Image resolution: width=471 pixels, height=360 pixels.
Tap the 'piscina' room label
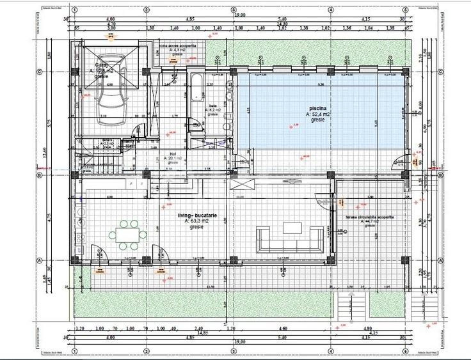pyautogui.click(x=317, y=108)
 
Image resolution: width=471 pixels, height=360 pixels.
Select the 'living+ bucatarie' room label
pyautogui.click(x=197, y=217)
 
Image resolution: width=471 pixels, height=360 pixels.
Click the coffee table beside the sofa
pyautogui.click(x=292, y=227)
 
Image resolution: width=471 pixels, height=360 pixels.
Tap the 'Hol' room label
pyautogui.click(x=173, y=152)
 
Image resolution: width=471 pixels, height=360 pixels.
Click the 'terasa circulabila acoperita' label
pyautogui.click(x=370, y=217)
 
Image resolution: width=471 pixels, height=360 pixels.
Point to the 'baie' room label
pyautogui.click(x=213, y=106)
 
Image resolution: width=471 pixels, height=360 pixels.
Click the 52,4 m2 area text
pyautogui.click(x=318, y=114)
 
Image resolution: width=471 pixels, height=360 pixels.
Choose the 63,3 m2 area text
pyautogui.click(x=197, y=223)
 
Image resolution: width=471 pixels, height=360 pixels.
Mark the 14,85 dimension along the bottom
pyautogui.click(x=203, y=333)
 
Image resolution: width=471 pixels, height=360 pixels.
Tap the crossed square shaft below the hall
pyautogui.click(x=245, y=184)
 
